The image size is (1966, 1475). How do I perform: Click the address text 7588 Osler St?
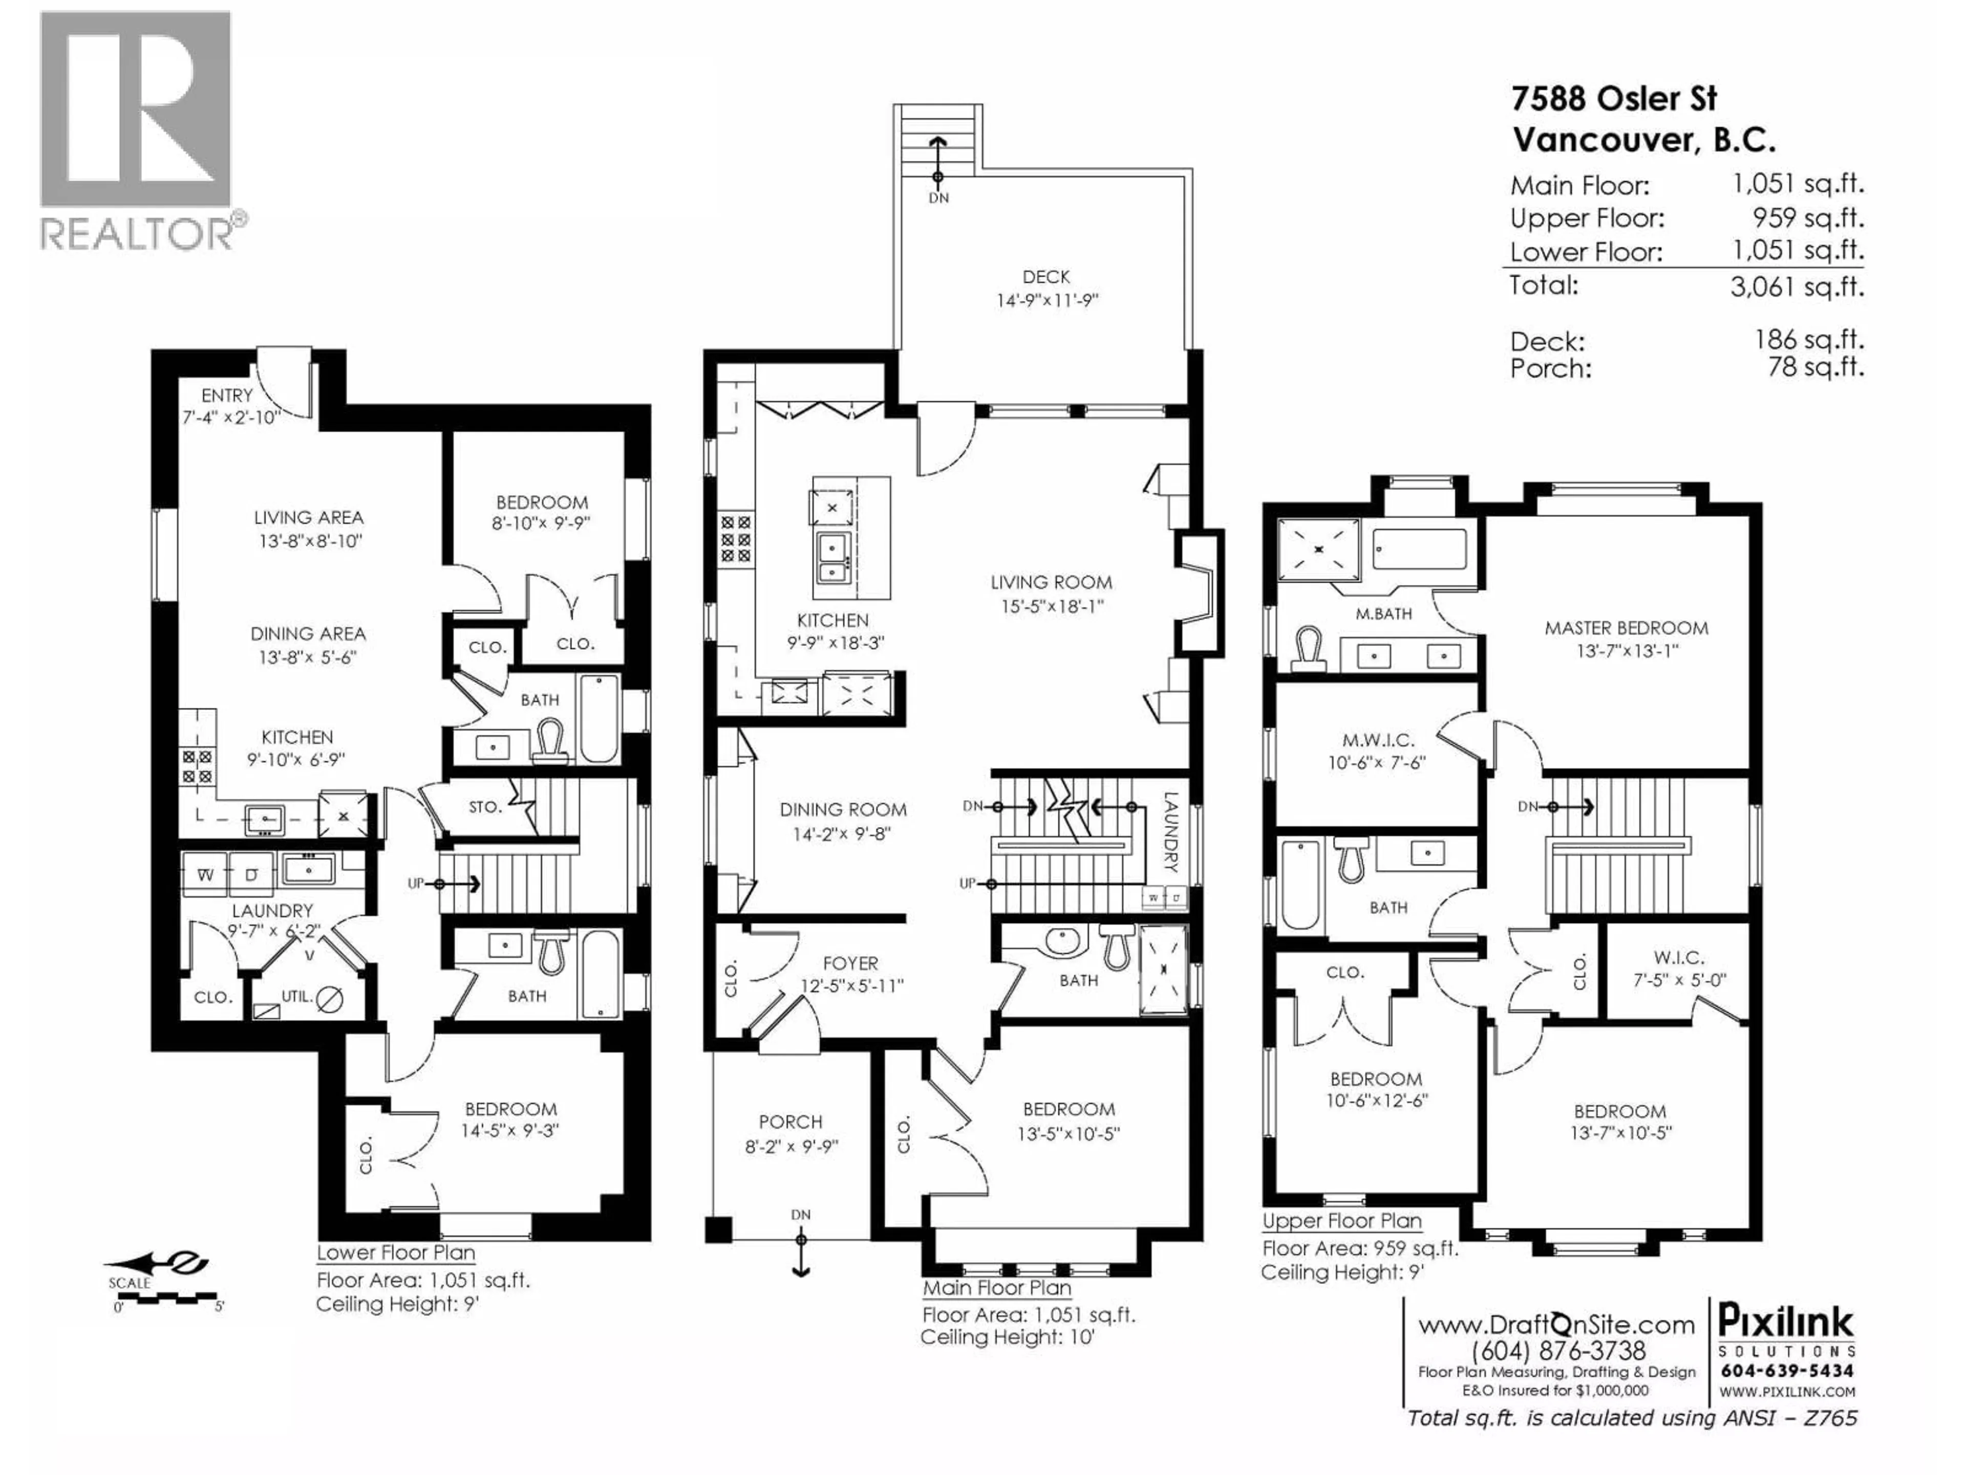pyautogui.click(x=1614, y=99)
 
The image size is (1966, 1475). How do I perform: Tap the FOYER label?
pyautogui.click(x=850, y=963)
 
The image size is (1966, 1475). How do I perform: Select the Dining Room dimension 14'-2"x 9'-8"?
pyautogui.click(x=843, y=834)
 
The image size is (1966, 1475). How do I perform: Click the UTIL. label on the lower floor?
pyautogui.click(x=297, y=997)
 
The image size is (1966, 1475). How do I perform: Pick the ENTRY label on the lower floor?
pyautogui.click(x=227, y=395)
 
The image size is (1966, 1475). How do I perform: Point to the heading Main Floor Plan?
pyautogui.click(x=996, y=1288)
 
